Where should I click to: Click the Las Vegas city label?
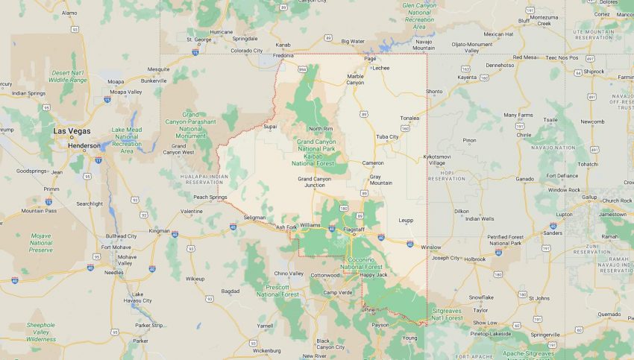72,130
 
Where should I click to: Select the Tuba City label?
387,136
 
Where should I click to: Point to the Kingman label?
159,230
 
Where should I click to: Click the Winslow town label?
430,247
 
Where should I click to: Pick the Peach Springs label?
210,197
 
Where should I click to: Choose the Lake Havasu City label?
137,297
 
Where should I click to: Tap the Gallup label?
589,197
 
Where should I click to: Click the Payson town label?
380,324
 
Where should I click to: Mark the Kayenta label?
467,77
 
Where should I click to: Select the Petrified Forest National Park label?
506,240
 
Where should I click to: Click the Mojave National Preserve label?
41,241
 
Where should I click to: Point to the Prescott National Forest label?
277,290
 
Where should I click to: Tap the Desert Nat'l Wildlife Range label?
68,76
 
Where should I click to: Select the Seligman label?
254,217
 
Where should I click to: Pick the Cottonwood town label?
325,275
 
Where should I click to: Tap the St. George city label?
199,39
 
